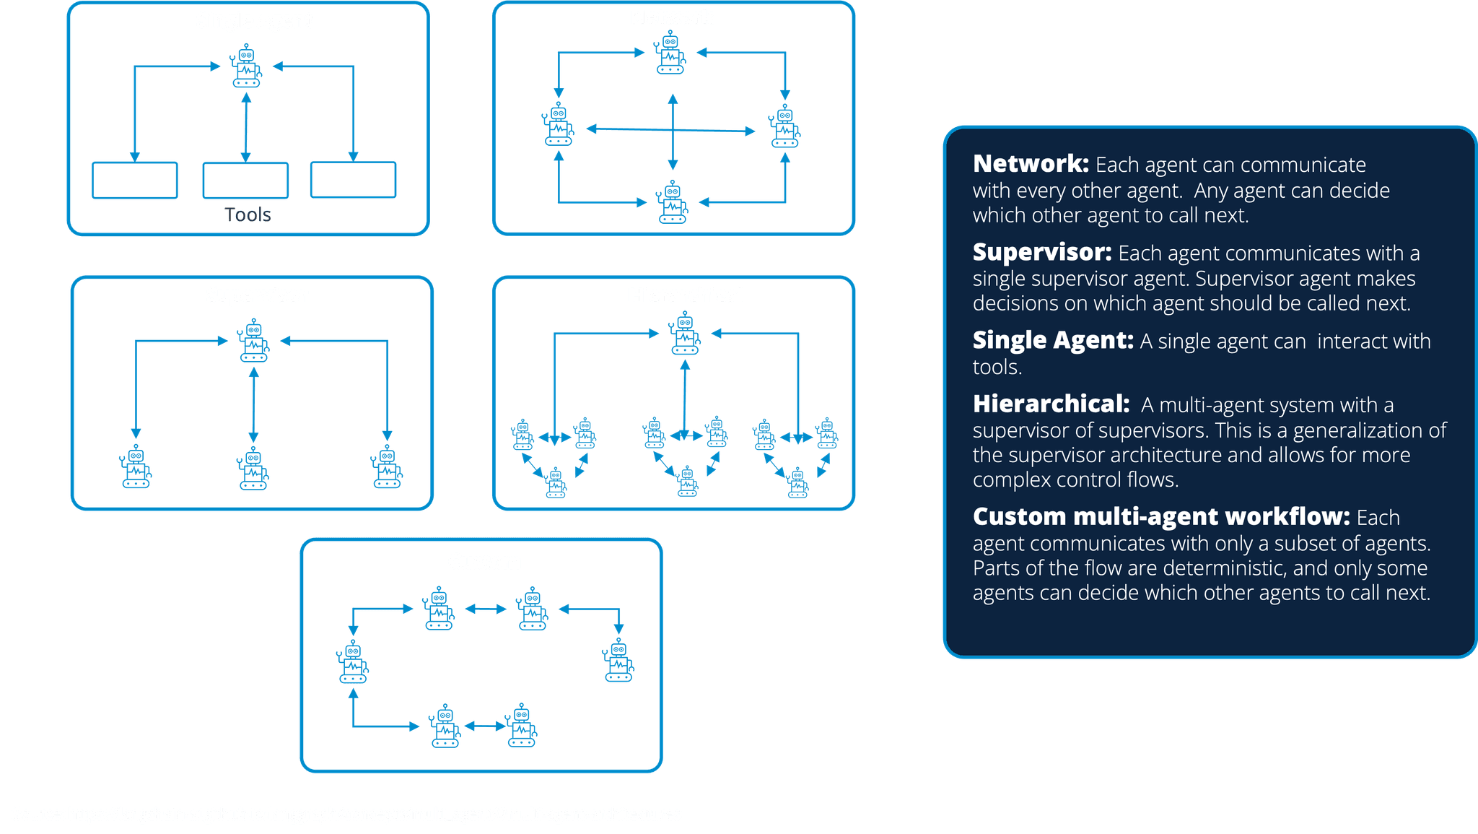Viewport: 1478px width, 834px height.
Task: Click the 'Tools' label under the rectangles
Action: [248, 214]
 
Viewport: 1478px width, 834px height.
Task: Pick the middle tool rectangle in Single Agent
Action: [245, 180]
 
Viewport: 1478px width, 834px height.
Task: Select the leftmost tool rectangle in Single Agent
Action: [135, 180]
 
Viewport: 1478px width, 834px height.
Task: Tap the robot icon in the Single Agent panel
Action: [246, 66]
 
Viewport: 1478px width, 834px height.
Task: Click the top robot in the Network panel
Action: [670, 53]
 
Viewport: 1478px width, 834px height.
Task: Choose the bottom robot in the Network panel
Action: [672, 201]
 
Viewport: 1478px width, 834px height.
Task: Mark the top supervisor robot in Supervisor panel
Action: [253, 340]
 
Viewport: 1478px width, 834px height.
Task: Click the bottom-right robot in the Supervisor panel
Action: [387, 467]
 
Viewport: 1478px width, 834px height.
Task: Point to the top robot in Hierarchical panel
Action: [684, 334]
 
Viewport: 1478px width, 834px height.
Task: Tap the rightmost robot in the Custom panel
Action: [618, 660]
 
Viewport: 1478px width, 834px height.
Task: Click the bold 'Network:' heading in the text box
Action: [1030, 164]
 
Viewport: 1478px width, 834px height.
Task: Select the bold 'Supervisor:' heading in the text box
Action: [1041, 252]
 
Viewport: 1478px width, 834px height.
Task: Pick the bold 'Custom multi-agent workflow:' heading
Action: [1160, 516]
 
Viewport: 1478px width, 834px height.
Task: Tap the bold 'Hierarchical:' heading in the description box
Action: [1051, 404]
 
